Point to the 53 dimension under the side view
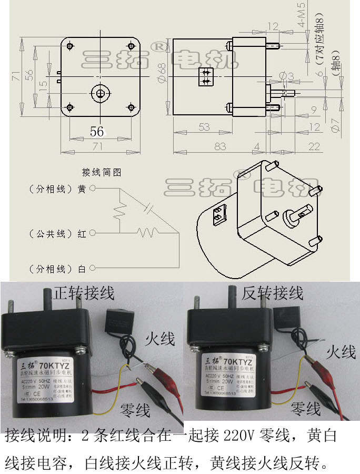click(x=203, y=127)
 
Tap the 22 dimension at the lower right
click(x=314, y=146)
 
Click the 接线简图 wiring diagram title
click(x=102, y=172)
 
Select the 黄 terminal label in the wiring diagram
click(x=82, y=188)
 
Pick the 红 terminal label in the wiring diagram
click(x=82, y=232)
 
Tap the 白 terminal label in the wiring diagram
click(x=82, y=269)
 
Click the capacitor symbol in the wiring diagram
click(x=149, y=207)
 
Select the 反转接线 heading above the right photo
click(x=273, y=292)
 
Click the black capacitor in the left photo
click(x=117, y=319)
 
